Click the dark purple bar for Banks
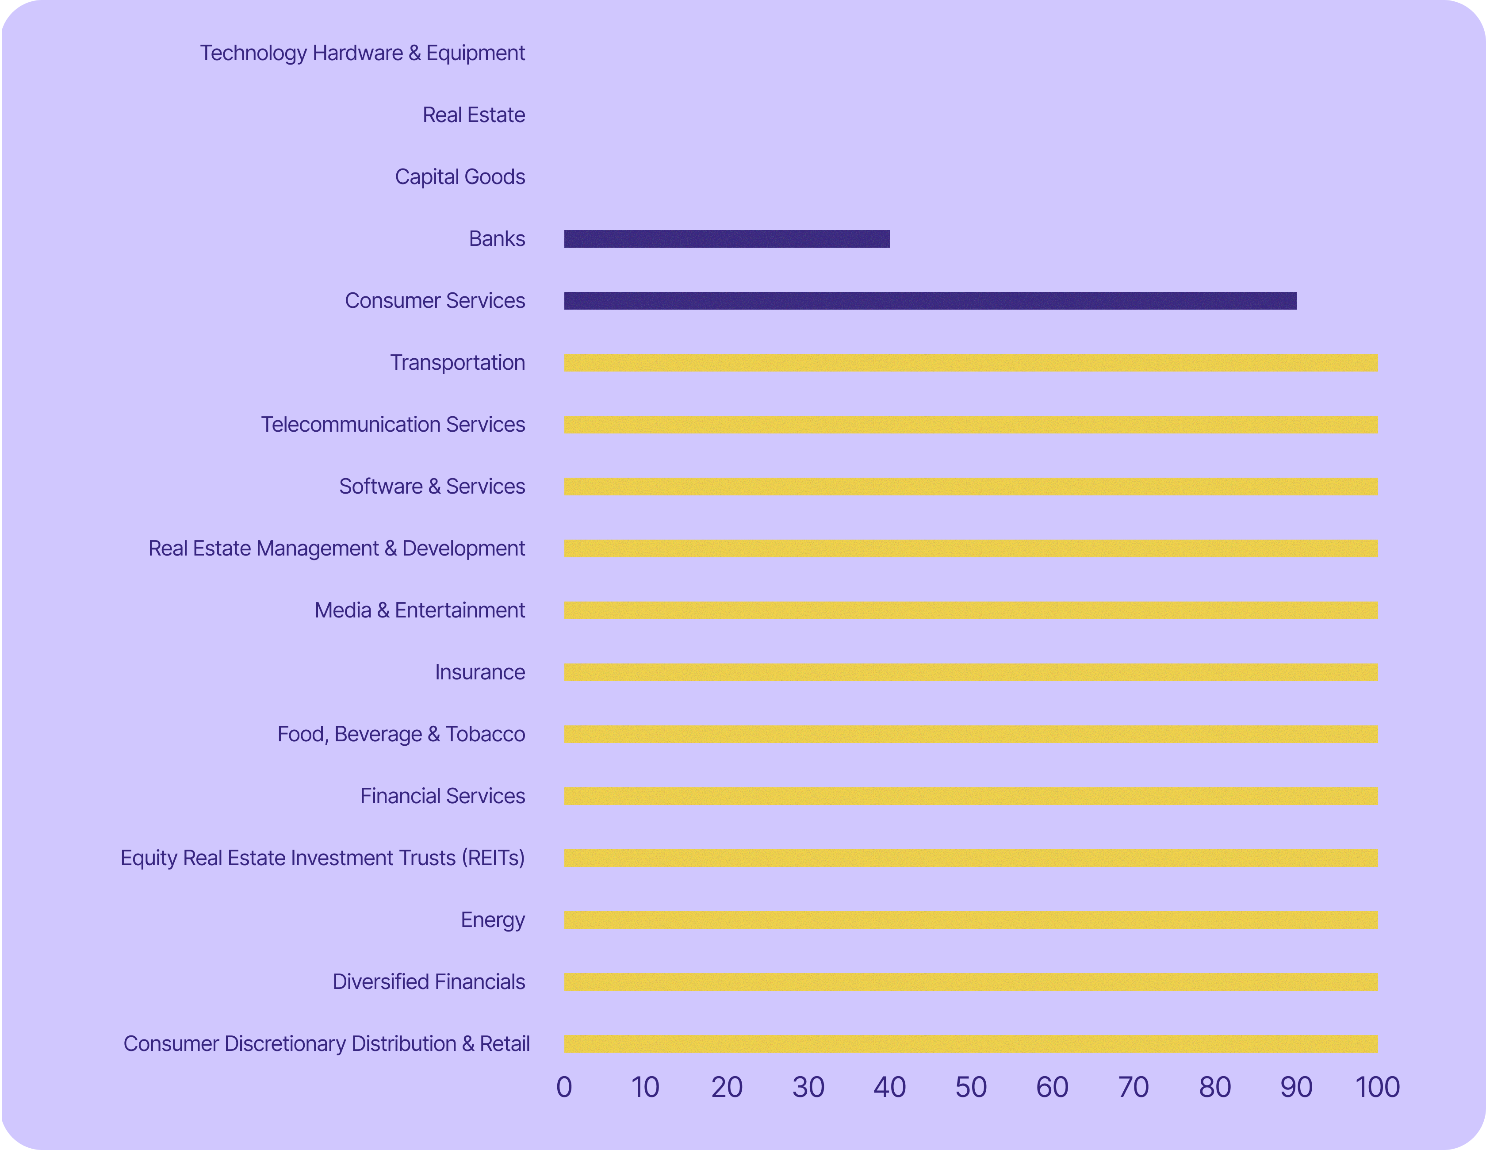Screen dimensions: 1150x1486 [726, 239]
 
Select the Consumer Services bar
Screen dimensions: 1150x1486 [930, 301]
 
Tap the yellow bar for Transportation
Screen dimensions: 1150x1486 [970, 363]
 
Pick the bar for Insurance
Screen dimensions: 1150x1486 [970, 672]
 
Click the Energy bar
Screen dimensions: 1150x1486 [970, 920]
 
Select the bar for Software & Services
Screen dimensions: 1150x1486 [970, 487]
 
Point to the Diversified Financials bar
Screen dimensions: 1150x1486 [970, 982]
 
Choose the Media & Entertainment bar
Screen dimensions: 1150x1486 [970, 610]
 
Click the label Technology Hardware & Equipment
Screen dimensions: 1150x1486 [362, 53]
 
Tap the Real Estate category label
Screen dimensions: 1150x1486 [474, 115]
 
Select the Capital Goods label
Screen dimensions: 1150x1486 [460, 177]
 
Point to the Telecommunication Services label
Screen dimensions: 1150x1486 [393, 425]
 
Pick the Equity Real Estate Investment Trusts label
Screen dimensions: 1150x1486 [322, 858]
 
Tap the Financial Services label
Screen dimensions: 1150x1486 [442, 796]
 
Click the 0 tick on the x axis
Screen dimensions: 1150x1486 [564, 1087]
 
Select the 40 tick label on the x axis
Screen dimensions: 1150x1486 [889, 1087]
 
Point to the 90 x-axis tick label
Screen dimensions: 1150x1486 [1296, 1087]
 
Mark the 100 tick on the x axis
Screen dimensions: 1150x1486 [1378, 1087]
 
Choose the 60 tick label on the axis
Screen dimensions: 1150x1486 [1052, 1087]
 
